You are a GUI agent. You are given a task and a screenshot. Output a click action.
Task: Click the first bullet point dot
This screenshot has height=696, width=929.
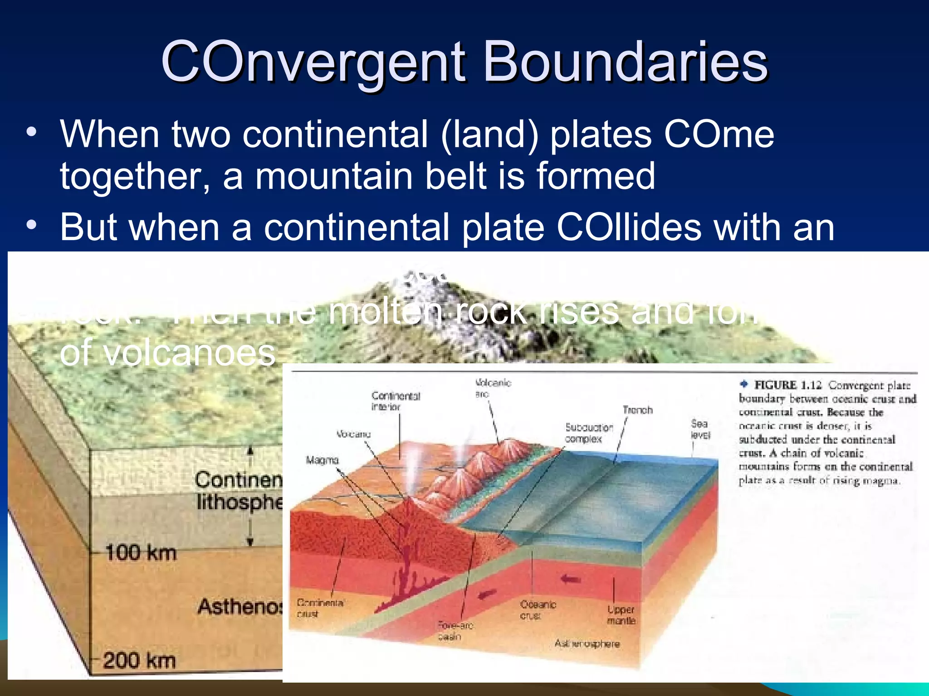pyautogui.click(x=31, y=133)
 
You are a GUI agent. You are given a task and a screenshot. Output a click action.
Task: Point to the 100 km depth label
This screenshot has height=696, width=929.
pyautogui.click(x=141, y=553)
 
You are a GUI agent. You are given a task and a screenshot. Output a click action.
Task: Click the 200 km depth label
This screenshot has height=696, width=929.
pyautogui.click(x=139, y=660)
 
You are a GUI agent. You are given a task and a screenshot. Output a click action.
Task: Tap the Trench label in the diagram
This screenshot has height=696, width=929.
pyautogui.click(x=637, y=410)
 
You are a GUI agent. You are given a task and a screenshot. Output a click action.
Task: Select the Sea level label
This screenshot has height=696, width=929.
pyautogui.click(x=700, y=429)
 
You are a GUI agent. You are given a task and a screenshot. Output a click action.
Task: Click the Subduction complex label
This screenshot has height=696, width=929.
pyautogui.click(x=588, y=433)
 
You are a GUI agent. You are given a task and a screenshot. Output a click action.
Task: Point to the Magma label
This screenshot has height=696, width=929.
pyautogui.click(x=322, y=460)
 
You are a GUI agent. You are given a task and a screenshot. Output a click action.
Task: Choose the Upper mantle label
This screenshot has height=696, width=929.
pyautogui.click(x=621, y=615)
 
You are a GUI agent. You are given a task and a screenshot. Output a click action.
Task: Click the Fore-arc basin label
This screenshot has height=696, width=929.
pyautogui.click(x=455, y=631)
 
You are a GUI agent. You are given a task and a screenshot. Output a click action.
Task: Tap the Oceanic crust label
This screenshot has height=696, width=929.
pyautogui.click(x=538, y=610)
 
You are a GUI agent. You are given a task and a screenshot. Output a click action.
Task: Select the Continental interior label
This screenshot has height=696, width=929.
pyautogui.click(x=396, y=401)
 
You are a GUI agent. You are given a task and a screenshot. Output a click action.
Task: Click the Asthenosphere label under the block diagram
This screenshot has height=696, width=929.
pyautogui.click(x=587, y=644)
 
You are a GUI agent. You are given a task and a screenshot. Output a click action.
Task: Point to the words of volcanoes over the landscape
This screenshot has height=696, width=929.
pyautogui.click(x=168, y=353)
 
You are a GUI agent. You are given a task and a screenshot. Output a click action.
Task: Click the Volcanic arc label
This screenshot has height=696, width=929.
pyautogui.click(x=493, y=388)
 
